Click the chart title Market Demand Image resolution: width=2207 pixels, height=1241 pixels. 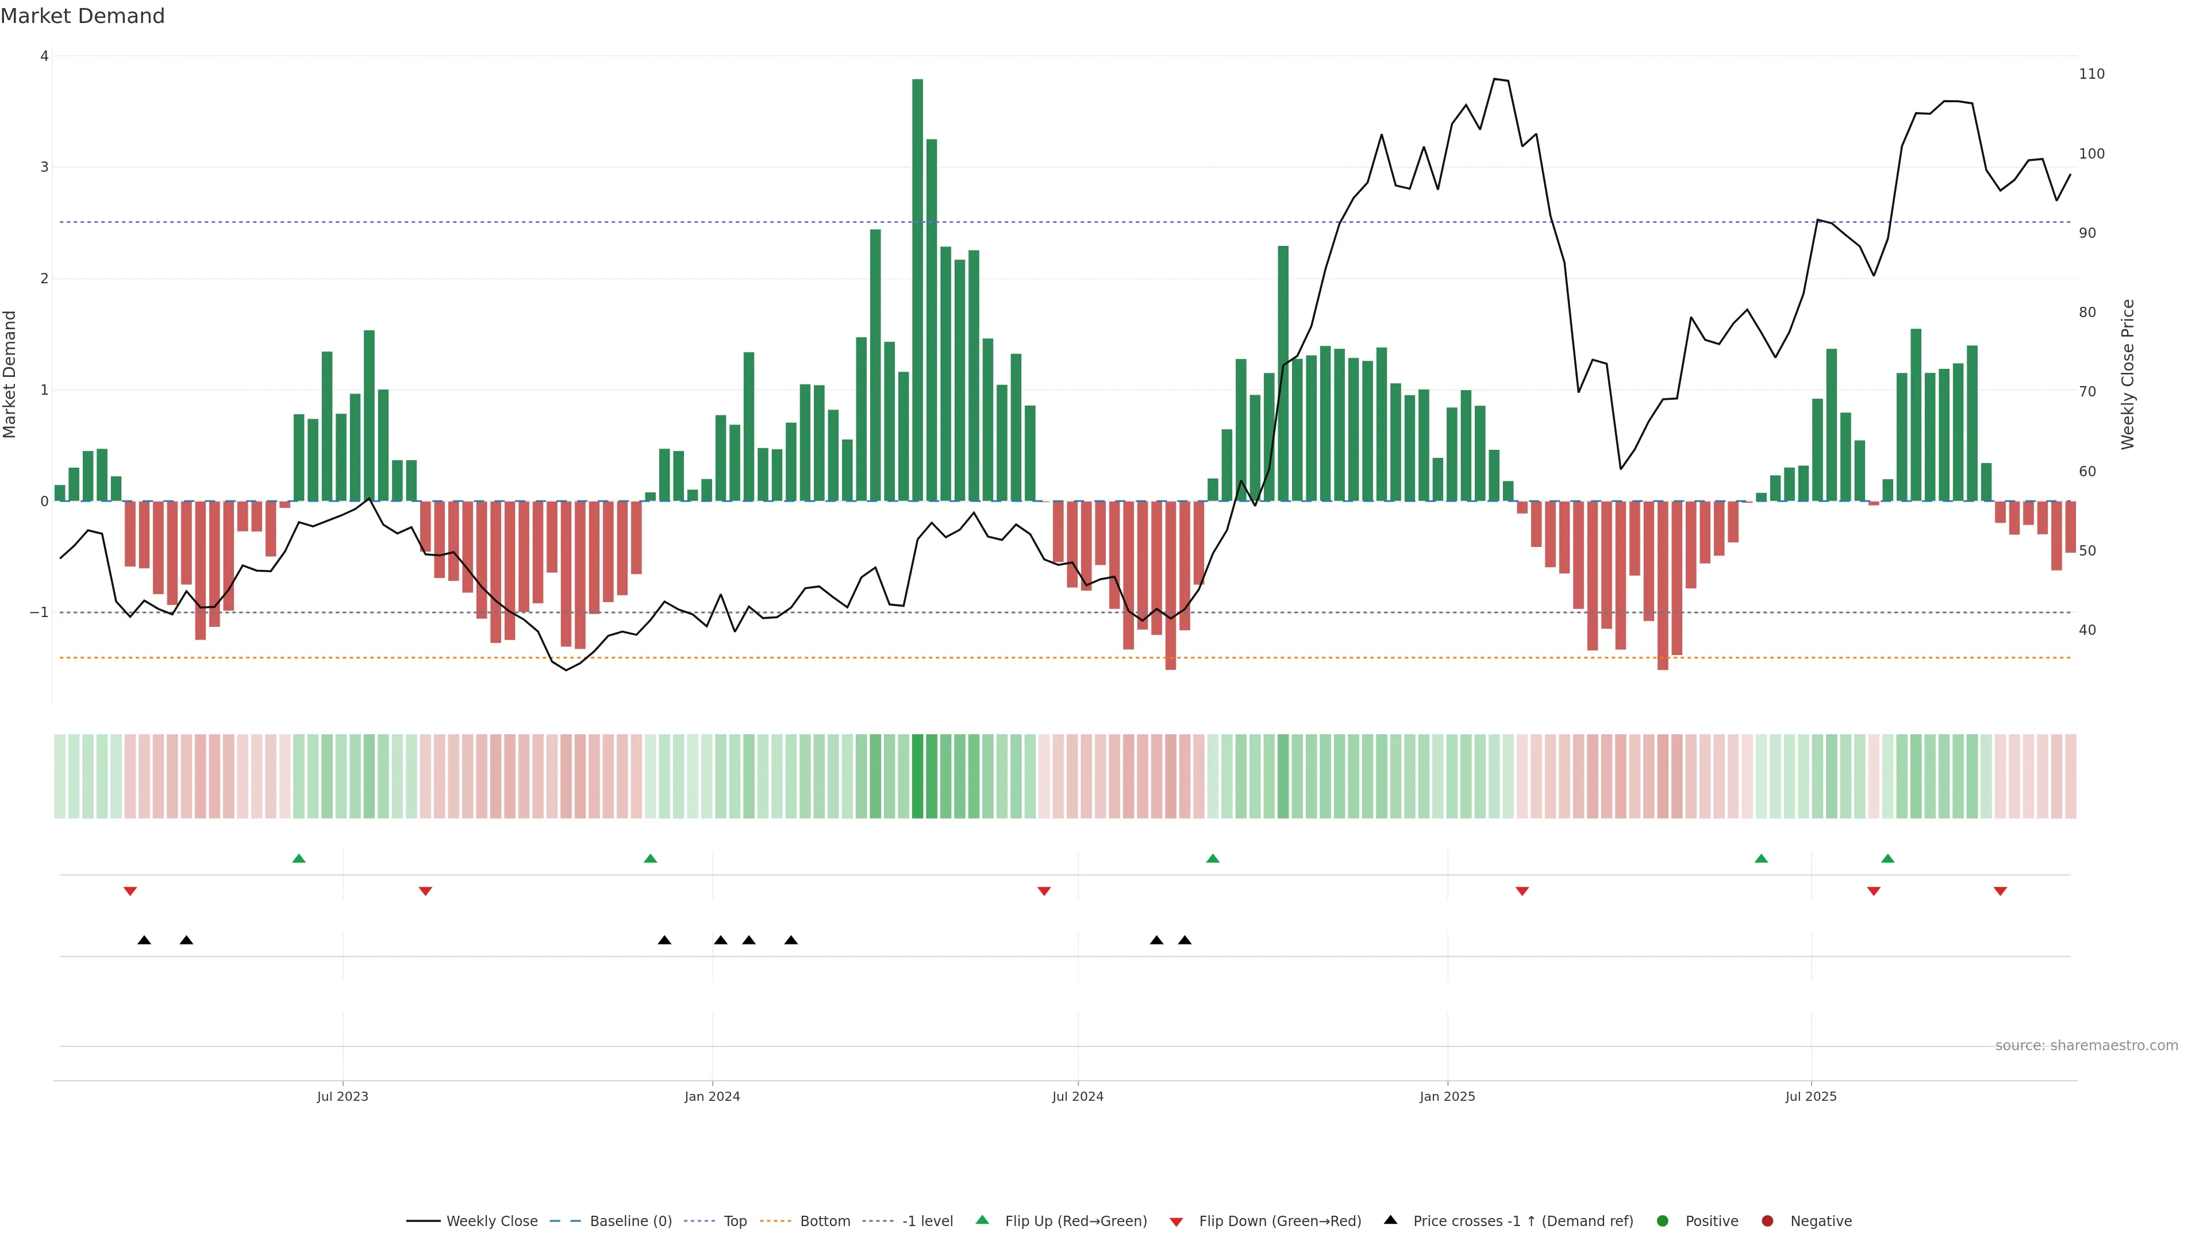(82, 16)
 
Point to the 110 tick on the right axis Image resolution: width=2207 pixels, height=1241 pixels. (2091, 75)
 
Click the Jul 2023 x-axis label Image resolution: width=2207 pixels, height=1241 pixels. (342, 1096)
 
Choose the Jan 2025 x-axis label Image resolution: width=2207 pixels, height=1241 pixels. (1447, 1096)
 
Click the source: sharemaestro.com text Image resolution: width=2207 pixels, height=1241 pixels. (2086, 1046)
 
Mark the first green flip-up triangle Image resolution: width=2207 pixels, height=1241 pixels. (299, 858)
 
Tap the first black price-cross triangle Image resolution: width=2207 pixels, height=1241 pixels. (144, 941)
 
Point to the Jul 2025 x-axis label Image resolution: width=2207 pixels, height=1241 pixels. (1810, 1096)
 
